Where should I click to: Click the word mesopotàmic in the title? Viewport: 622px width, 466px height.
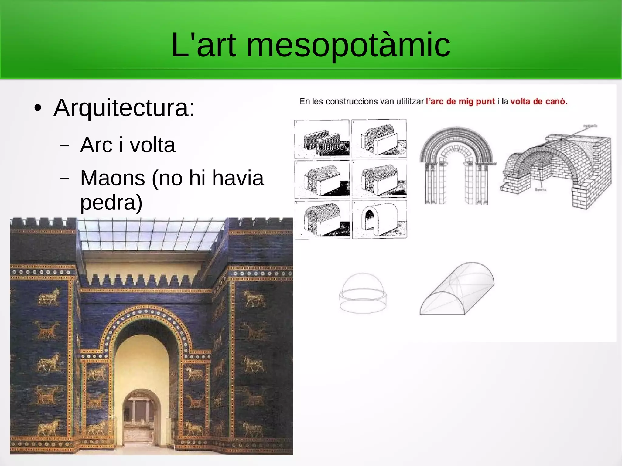pos(348,46)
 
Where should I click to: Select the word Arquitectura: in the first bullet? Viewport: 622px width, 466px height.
pos(124,108)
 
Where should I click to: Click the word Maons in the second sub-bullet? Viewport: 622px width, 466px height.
pos(112,178)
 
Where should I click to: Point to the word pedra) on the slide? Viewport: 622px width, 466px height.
pos(111,203)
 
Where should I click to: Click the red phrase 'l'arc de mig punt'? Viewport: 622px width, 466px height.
pos(460,101)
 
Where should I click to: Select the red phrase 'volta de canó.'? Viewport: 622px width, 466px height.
pos(538,101)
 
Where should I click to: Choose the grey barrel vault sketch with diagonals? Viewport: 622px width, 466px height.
pos(457,289)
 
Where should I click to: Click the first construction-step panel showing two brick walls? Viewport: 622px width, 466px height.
pos(322,138)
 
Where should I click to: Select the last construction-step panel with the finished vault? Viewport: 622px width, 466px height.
pos(379,219)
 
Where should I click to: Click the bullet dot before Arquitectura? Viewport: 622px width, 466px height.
pos(38,108)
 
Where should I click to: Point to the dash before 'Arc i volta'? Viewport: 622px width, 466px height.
pos(64,145)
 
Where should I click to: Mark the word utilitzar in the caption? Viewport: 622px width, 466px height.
pos(410,101)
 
